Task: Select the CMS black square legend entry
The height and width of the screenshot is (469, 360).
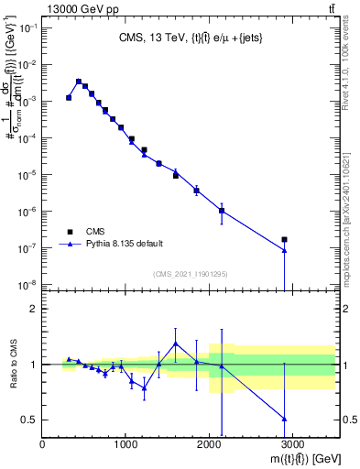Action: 70,232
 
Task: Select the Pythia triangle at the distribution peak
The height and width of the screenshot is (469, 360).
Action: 78,82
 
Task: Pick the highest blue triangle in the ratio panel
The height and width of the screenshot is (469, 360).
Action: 175,344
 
